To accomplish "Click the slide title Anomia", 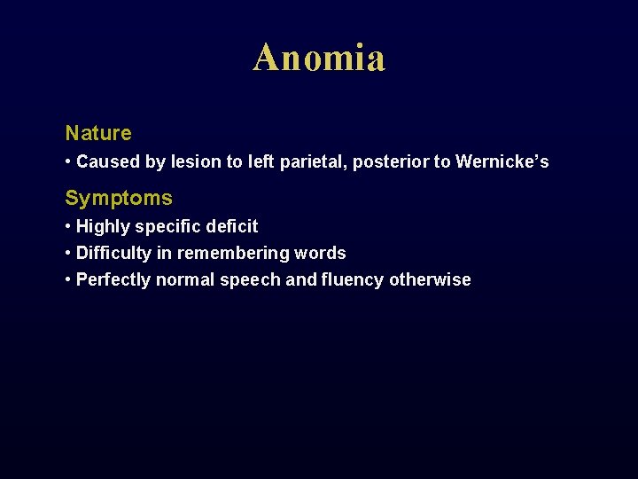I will coord(319,59).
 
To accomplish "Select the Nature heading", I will coord(98,133).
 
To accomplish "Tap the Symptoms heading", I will coord(119,198).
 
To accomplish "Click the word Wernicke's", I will coord(502,161).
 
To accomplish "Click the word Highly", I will coord(103,227).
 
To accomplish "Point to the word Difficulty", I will coord(113,254).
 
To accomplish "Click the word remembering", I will coord(233,254).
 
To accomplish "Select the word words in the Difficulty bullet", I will coord(320,253).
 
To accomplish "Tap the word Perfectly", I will coord(113,280).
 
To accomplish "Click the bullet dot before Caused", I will coord(68,162).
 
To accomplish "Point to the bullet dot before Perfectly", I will coord(68,280).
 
